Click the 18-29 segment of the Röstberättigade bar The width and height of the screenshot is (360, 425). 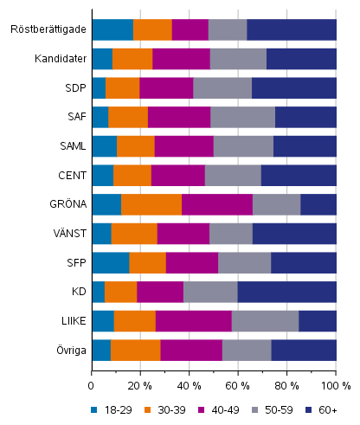(x=112, y=29)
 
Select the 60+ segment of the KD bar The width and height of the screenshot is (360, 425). (x=286, y=292)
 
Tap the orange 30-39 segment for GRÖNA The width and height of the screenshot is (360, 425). (x=151, y=204)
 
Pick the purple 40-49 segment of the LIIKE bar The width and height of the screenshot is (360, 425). (x=193, y=321)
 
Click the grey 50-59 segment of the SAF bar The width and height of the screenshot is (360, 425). (x=242, y=117)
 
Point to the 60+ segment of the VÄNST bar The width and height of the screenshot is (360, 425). (x=294, y=234)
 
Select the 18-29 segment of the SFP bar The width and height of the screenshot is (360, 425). (x=110, y=263)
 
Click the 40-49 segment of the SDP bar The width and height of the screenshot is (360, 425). (x=165, y=87)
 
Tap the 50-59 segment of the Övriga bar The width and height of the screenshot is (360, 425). (x=247, y=350)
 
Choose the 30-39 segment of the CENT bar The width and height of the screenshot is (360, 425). (x=132, y=175)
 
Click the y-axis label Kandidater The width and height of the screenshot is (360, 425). (x=61, y=59)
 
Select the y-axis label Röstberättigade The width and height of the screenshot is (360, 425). (x=48, y=29)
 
